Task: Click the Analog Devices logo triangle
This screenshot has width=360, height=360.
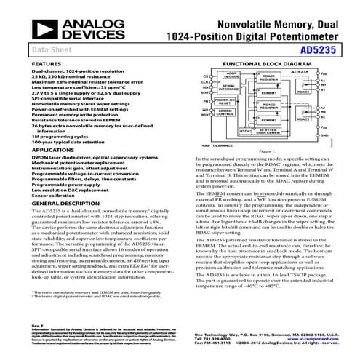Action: point(27,21)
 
